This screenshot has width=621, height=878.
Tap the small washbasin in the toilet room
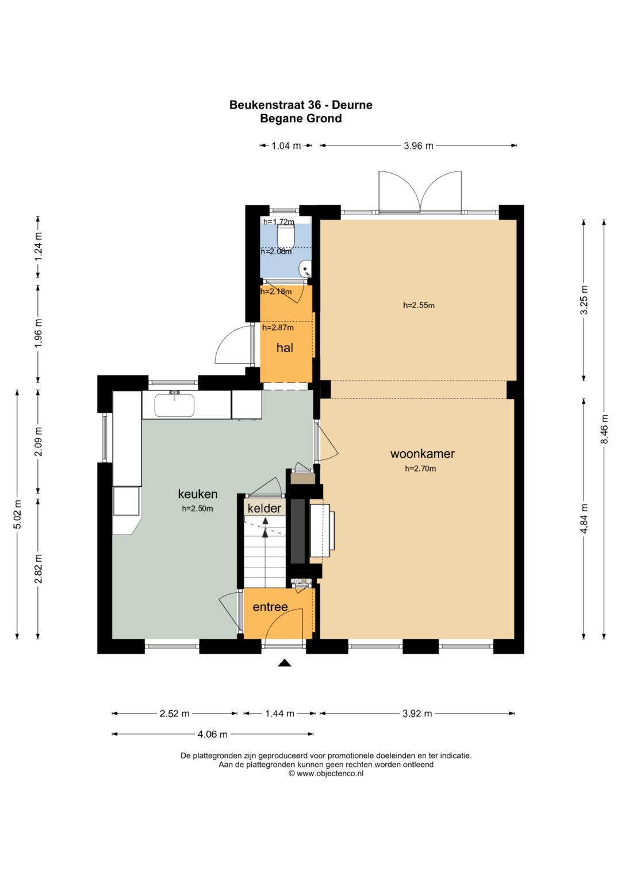(x=305, y=269)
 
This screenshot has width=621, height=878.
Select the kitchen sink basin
(x=174, y=405)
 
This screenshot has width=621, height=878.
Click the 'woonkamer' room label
(x=422, y=454)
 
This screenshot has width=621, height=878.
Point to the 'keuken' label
(x=198, y=494)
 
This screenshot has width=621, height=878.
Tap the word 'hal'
(x=285, y=348)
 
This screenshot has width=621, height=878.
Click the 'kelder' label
(x=264, y=508)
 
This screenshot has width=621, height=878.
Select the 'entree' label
(x=270, y=607)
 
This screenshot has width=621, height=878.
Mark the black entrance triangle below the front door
(x=285, y=663)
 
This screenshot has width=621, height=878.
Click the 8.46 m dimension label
(x=604, y=429)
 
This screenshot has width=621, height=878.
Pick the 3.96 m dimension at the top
(x=419, y=146)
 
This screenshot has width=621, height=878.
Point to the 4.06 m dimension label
(x=213, y=734)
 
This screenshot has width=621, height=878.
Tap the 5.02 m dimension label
(x=18, y=514)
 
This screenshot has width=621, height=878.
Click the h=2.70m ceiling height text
(x=420, y=469)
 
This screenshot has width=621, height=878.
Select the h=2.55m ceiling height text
(x=419, y=305)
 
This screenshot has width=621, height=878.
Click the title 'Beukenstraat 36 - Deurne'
(x=301, y=105)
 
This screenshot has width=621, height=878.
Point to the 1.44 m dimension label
(x=279, y=714)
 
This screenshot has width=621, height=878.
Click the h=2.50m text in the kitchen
(x=197, y=509)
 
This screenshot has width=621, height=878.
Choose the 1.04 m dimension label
(x=286, y=146)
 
